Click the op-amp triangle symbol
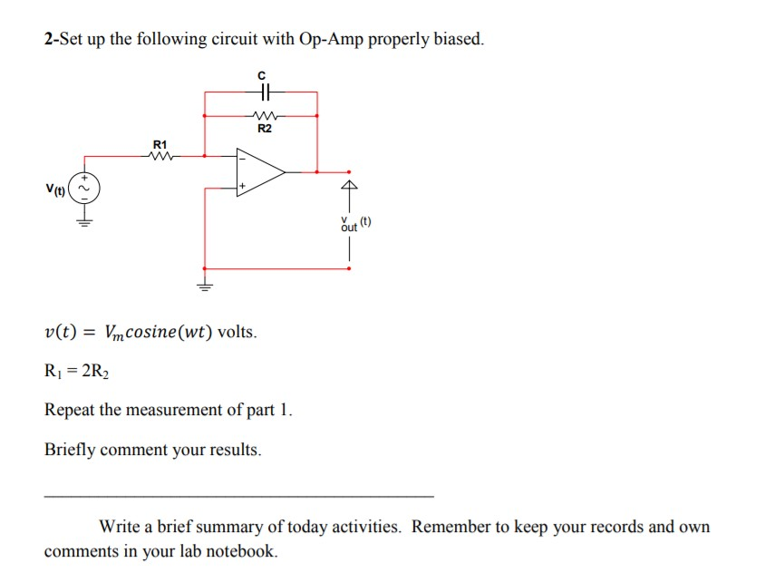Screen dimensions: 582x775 (x=258, y=170)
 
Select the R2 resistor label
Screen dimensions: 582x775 (x=265, y=129)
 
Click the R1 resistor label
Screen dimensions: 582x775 (x=160, y=143)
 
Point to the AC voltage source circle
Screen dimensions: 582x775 (x=86, y=189)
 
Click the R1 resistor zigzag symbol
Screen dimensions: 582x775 (x=160, y=154)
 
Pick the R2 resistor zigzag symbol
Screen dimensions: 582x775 (x=265, y=116)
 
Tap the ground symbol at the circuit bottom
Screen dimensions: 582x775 (x=204, y=286)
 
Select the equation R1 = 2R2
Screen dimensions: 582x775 (x=79, y=370)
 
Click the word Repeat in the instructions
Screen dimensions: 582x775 (x=69, y=410)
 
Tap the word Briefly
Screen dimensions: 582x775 (x=69, y=451)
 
